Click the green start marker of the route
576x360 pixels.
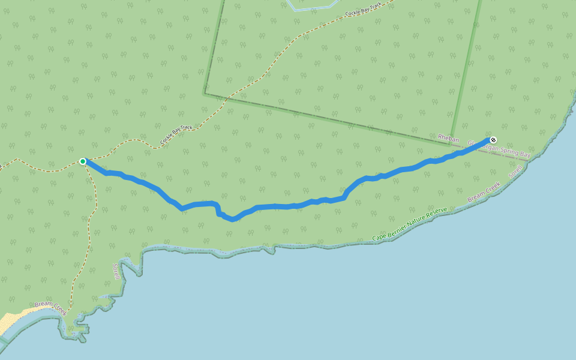coord(83,161)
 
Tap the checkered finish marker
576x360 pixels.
coord(493,140)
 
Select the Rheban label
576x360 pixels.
coord(448,139)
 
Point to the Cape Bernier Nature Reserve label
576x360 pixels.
coord(410,224)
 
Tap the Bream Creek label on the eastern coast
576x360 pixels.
coord(484,192)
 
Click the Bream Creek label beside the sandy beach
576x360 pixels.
coord(50,307)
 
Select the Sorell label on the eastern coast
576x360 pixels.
coord(515,172)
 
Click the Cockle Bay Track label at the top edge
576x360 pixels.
coord(364,9)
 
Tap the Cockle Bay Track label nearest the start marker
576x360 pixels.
coord(176,135)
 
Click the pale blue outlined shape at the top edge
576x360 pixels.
coord(312,6)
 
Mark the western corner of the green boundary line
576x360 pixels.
coord(205,93)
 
